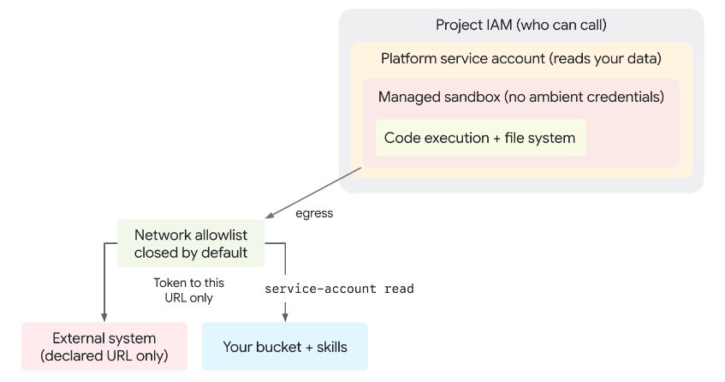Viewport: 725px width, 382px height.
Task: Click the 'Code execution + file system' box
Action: tap(480, 138)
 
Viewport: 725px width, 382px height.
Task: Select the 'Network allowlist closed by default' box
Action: tap(191, 243)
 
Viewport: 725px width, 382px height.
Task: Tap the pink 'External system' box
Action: tap(104, 346)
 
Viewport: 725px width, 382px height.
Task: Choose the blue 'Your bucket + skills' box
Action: tap(285, 346)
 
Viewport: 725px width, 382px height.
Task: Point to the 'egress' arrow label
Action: tap(314, 213)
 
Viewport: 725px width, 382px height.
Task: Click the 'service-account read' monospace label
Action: tap(339, 289)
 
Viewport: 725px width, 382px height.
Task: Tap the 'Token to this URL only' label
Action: tap(188, 290)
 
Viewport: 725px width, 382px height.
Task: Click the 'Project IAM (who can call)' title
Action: tap(521, 25)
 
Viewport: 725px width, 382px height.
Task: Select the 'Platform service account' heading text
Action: tap(463, 58)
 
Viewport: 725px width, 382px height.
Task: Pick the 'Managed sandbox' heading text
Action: tap(439, 97)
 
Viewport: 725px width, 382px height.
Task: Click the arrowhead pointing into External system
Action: tap(104, 317)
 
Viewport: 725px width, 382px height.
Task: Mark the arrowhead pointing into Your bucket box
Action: tap(285, 317)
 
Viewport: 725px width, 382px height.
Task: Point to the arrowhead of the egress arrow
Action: tap(270, 215)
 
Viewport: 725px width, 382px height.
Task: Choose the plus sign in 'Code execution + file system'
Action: tap(496, 138)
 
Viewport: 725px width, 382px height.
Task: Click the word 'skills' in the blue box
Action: tap(332, 347)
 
